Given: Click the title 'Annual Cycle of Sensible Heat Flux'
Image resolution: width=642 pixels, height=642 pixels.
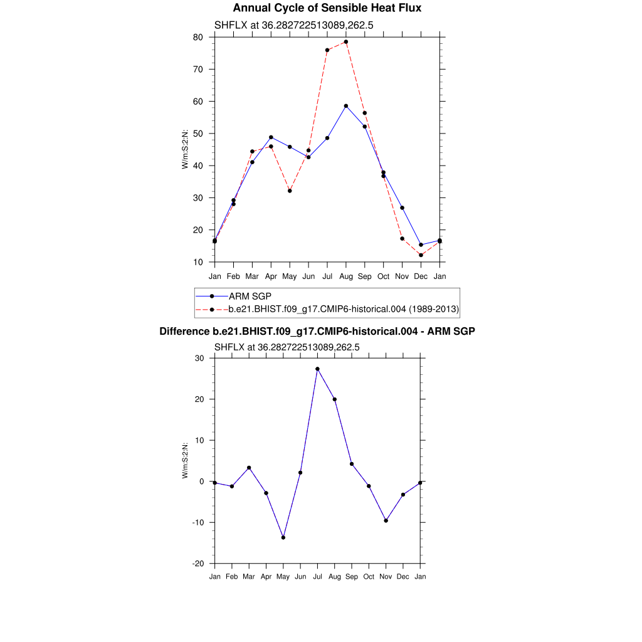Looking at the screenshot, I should [327, 8].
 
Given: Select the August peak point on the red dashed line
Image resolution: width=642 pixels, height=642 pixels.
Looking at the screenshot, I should [346, 42].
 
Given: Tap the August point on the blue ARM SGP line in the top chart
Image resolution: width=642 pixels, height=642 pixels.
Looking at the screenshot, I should [346, 106].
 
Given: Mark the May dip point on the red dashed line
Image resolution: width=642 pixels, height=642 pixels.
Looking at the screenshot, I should [290, 191].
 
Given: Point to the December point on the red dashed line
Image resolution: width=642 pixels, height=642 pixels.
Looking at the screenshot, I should [421, 255].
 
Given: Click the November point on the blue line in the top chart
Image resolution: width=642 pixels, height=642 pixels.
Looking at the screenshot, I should [402, 208].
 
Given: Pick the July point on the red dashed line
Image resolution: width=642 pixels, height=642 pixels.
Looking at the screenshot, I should [327, 50].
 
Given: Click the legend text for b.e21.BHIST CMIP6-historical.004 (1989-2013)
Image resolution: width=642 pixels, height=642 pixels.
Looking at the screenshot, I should [344, 309].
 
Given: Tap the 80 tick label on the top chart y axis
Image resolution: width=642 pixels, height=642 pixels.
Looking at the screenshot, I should [198, 37].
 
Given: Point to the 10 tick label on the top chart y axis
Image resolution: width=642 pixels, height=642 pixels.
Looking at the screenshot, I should [198, 262].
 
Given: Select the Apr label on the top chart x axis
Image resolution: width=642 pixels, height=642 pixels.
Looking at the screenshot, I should [271, 276].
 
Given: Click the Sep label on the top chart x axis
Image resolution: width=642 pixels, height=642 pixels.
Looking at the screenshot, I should [365, 276].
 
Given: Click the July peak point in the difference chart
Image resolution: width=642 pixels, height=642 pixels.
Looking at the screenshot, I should [317, 369].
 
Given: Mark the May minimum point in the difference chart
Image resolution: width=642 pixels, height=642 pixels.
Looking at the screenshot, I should [283, 537].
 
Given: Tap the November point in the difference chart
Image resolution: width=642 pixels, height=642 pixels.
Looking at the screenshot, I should [386, 520].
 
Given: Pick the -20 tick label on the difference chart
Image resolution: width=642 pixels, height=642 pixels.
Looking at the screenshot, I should [197, 564].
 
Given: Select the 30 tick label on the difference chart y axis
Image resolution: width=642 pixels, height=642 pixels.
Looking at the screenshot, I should [200, 359].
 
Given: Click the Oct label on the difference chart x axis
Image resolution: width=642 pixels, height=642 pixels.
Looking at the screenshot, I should [369, 577].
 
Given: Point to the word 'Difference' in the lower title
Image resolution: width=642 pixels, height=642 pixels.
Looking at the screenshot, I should [181, 331].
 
